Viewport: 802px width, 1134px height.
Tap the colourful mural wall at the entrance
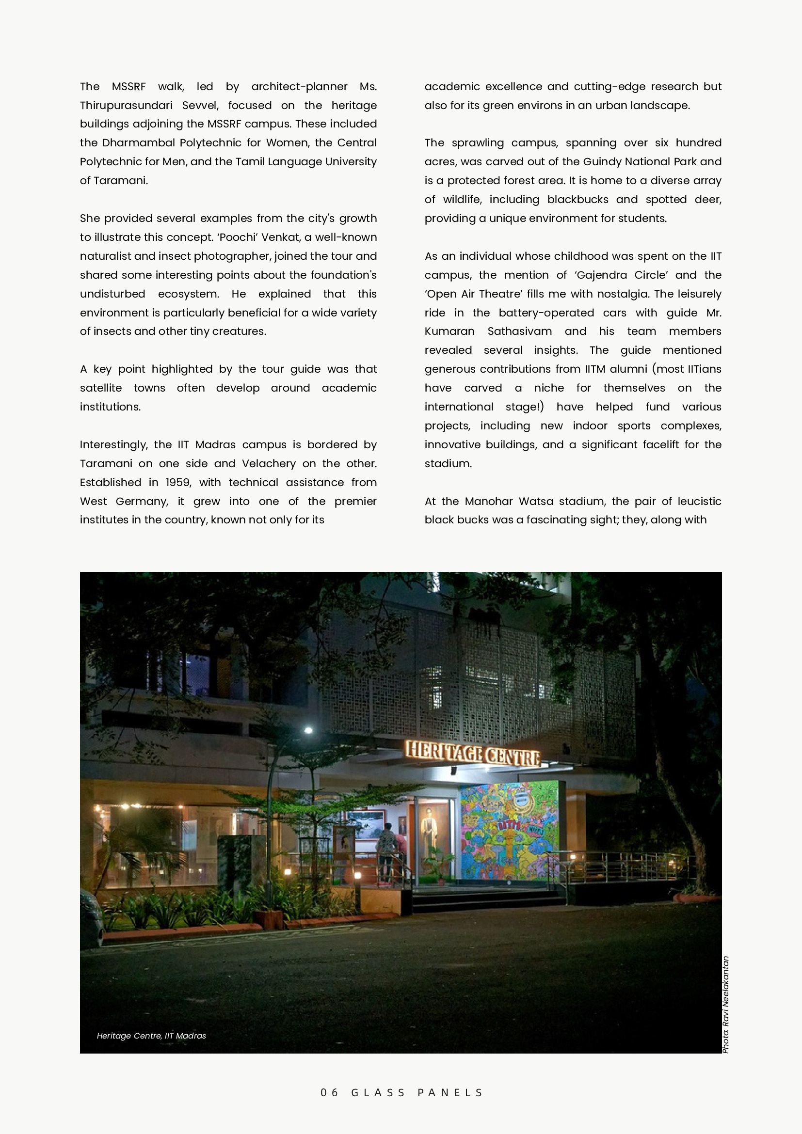509,830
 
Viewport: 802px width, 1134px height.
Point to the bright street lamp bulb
308,730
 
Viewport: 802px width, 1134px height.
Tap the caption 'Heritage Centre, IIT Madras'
151,1036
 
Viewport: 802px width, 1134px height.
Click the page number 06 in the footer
329,1092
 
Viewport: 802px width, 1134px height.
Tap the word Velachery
268,464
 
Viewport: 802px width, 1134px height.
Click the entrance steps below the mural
487,899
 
